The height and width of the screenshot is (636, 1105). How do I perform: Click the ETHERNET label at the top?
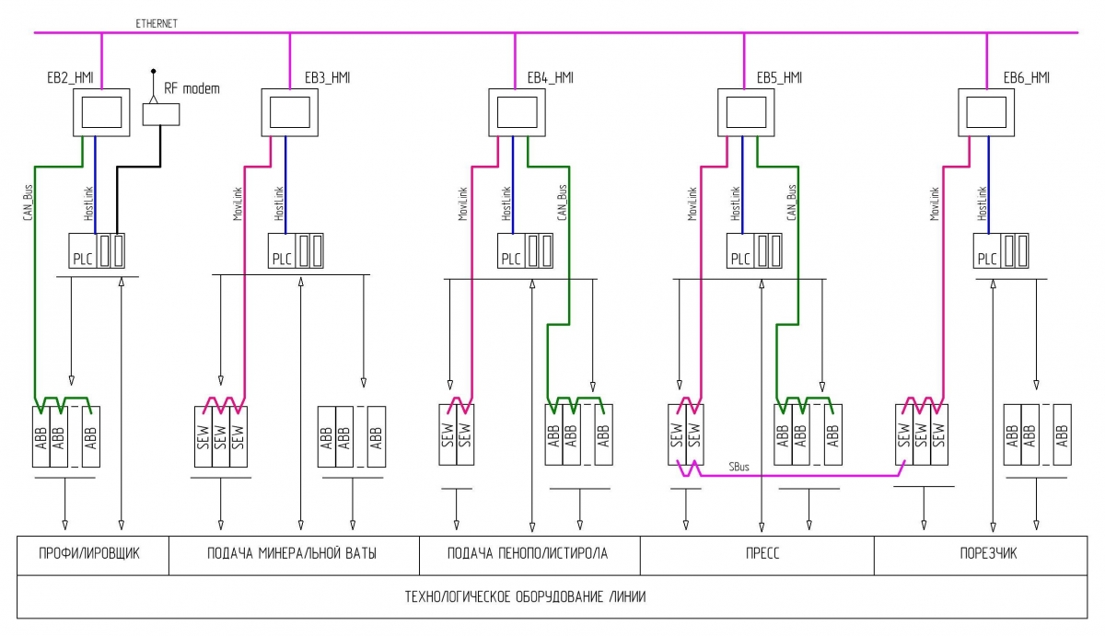(x=158, y=22)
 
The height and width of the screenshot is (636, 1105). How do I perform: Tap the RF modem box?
(x=161, y=113)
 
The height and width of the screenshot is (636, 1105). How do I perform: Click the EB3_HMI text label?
(x=327, y=78)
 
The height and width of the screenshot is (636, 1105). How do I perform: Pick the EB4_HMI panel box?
(x=517, y=111)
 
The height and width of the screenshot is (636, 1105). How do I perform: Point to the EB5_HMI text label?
(x=779, y=78)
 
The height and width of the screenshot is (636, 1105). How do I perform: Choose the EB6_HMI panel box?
(x=986, y=111)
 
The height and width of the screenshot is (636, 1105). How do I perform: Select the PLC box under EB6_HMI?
(x=987, y=250)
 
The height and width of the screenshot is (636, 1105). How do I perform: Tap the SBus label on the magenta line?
(x=739, y=468)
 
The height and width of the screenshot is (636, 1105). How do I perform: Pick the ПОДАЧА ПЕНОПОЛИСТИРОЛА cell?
(x=529, y=553)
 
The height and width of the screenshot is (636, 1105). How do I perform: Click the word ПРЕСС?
(x=756, y=553)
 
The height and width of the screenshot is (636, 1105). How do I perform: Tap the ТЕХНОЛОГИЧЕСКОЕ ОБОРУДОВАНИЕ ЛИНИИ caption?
(x=526, y=596)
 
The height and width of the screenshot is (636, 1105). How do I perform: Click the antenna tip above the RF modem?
(x=154, y=70)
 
